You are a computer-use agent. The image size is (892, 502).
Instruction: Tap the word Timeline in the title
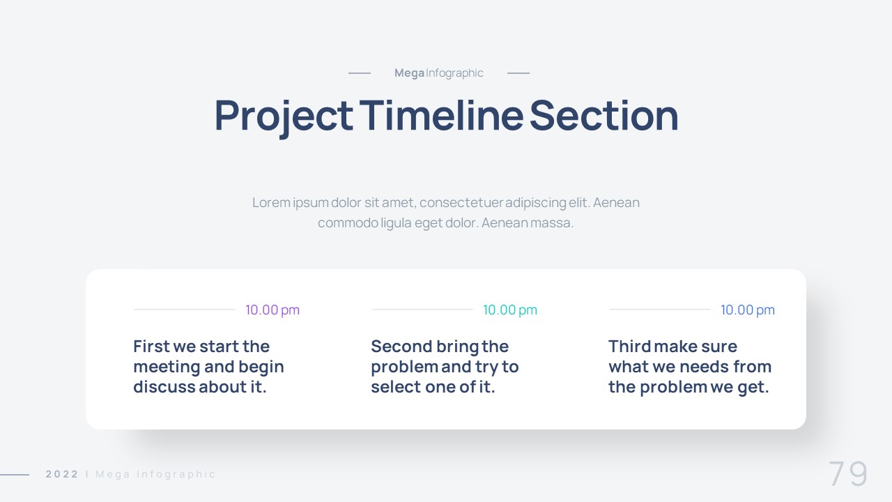point(441,115)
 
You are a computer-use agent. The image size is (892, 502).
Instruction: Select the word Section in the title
point(603,115)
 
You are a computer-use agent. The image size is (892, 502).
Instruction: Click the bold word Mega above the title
point(409,73)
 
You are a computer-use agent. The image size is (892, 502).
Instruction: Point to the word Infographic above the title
point(454,73)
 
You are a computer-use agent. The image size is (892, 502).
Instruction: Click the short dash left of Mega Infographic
point(359,73)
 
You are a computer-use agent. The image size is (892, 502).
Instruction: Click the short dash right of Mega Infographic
point(518,73)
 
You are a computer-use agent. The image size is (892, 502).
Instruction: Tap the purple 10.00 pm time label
point(272,310)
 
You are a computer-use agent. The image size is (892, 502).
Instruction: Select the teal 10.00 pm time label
point(510,310)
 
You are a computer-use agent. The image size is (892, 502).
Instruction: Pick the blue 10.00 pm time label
point(748,310)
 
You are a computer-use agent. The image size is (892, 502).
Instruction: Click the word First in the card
point(151,347)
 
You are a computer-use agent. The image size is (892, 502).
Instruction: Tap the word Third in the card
point(629,347)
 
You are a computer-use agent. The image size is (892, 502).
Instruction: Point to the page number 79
point(848,473)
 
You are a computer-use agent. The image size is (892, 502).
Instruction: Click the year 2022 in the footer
point(62,474)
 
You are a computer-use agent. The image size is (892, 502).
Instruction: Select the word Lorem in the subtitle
point(272,202)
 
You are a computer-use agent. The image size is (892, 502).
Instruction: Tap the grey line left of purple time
point(185,309)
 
